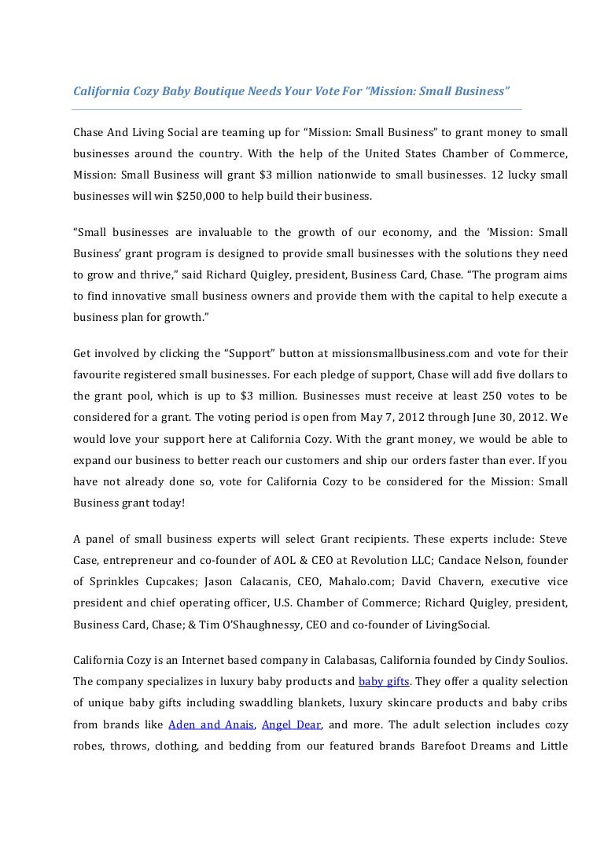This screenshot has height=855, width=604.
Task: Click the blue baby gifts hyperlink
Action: pos(380,680)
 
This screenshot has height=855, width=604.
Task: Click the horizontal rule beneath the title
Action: pos(297,109)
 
